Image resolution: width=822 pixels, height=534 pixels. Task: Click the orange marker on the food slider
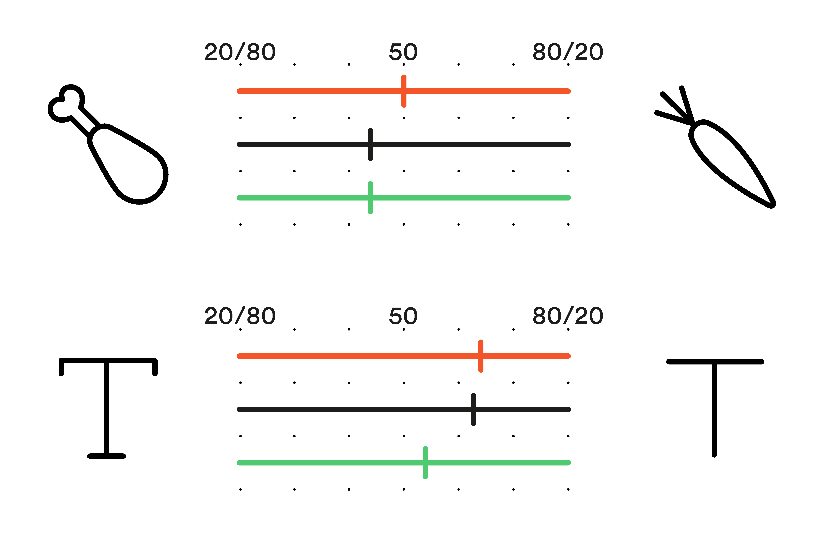click(404, 91)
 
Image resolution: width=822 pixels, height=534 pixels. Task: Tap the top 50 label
click(403, 52)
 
